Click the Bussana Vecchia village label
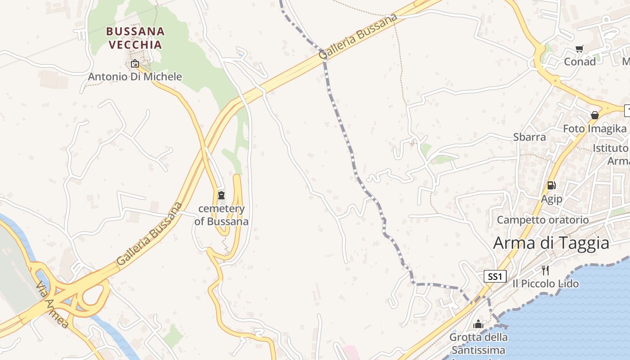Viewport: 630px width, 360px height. click(x=135, y=38)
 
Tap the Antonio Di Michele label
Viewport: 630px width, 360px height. click(x=135, y=76)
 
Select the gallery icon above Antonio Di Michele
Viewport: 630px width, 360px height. click(x=135, y=63)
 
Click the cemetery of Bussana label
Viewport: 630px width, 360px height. click(x=221, y=215)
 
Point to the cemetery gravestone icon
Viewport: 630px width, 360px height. click(x=221, y=195)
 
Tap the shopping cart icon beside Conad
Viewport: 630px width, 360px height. click(x=580, y=49)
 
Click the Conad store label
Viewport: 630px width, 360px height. click(x=580, y=62)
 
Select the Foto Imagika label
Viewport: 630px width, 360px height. click(x=594, y=129)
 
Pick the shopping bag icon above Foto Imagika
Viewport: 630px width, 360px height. click(x=594, y=115)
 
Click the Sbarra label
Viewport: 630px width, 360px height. click(x=529, y=137)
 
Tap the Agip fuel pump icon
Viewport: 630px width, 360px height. click(x=551, y=185)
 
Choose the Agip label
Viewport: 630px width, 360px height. click(x=551, y=198)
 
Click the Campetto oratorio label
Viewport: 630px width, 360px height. click(x=542, y=220)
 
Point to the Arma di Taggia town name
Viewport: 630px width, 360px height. click(x=551, y=243)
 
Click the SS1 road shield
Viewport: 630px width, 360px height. click(x=495, y=276)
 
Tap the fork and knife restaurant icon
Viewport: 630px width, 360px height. click(x=545, y=270)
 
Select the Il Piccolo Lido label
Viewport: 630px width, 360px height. click(x=545, y=284)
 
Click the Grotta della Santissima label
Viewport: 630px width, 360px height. click(x=478, y=343)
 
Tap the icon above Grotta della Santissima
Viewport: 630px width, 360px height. click(x=478, y=324)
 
